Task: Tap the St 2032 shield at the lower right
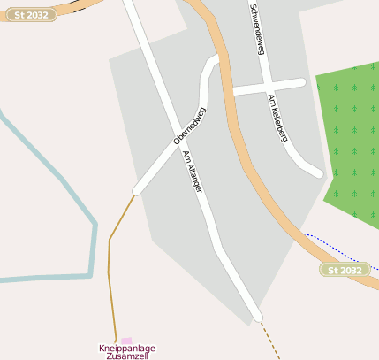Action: [x=345, y=270]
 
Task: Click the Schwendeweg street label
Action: [x=258, y=28]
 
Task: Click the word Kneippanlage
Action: [x=125, y=348]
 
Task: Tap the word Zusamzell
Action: [x=125, y=356]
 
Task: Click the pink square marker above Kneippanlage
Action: [x=126, y=340]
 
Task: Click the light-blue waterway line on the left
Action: [x=92, y=239]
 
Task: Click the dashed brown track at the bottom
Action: [x=270, y=341]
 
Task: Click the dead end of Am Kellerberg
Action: [x=318, y=172]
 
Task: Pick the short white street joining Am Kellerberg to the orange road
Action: [x=265, y=87]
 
